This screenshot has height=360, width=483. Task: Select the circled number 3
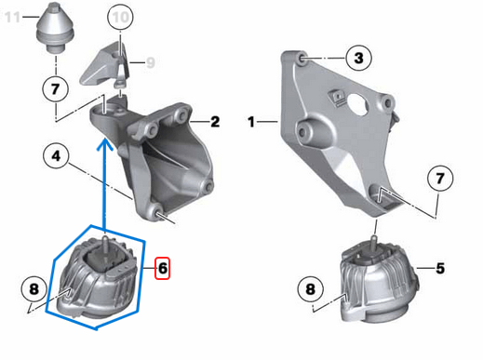click(x=358, y=59)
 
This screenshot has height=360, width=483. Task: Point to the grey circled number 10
click(x=121, y=18)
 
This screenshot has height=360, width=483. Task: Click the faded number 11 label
click(x=11, y=17)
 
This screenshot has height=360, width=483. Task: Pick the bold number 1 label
click(x=250, y=121)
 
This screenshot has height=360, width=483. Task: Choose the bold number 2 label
click(x=215, y=121)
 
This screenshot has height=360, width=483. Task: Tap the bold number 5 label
click(x=440, y=269)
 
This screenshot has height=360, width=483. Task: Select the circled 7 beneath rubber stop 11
click(x=56, y=90)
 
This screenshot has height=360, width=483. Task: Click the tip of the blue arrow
click(x=105, y=137)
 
